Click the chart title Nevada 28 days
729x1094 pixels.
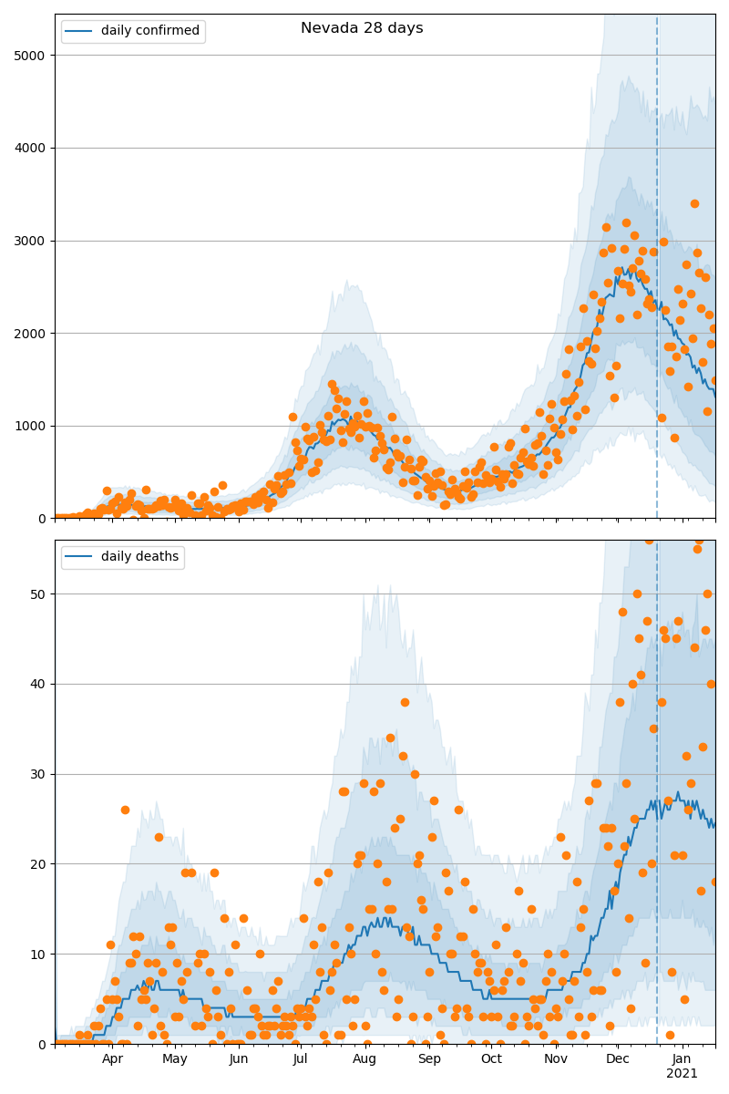362,28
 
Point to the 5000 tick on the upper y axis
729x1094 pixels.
34,55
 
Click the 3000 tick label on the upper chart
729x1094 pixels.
34,241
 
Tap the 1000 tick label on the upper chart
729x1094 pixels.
34,426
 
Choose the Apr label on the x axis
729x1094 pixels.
113,1058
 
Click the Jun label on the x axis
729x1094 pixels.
239,1058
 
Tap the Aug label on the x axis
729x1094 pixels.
364,1058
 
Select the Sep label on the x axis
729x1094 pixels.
428,1058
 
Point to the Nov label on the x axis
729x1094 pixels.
556,1058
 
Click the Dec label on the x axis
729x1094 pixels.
618,1058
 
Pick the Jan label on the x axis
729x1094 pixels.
682,1058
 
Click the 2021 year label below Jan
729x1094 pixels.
682,1073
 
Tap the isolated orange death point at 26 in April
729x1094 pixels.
125,810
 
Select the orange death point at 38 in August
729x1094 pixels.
405,702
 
